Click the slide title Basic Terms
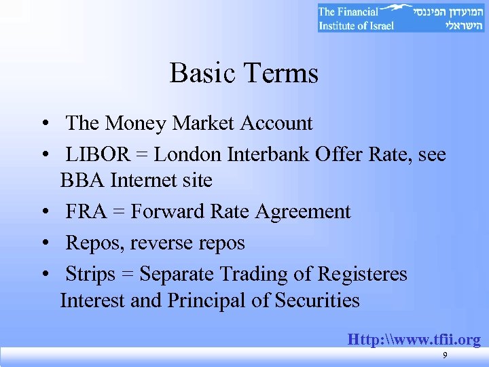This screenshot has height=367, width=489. coord(244,73)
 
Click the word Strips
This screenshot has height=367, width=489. coord(94,274)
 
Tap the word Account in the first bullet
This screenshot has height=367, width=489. coord(270,123)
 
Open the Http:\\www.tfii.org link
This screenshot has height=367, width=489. coord(414,338)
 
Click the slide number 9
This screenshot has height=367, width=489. coord(445,355)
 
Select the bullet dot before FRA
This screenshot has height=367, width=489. coord(43,212)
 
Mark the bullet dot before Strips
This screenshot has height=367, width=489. coord(43,275)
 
